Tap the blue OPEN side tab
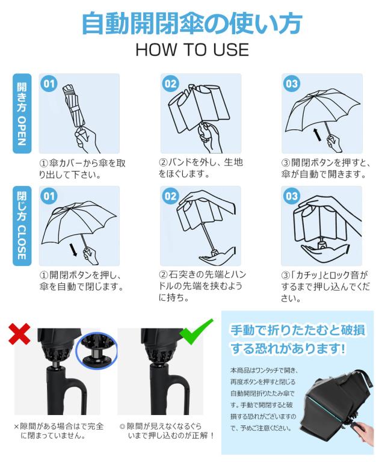click(x=22, y=114)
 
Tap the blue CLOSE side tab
click(x=22, y=226)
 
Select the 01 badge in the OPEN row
click(x=49, y=84)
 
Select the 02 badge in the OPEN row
click(x=171, y=84)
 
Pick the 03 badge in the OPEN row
click(x=292, y=84)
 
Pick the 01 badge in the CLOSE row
click(x=49, y=196)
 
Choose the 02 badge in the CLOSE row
click(x=171, y=196)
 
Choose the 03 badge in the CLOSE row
click(x=292, y=196)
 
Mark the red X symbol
click(x=20, y=334)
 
